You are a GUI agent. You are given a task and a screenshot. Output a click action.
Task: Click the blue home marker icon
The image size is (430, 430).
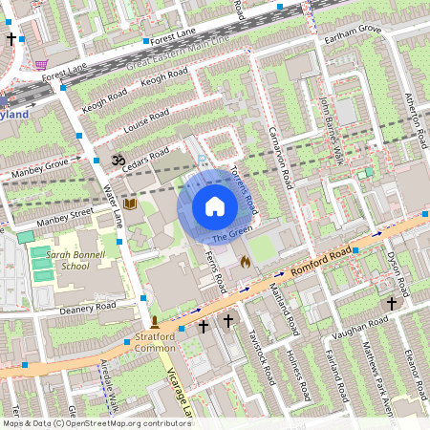pyautogui.click(x=214, y=205)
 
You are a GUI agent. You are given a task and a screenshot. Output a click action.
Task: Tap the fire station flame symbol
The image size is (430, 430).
pyautogui.click(x=246, y=259)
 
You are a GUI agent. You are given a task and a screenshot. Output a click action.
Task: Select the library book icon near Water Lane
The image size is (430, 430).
pyautogui.click(x=130, y=204)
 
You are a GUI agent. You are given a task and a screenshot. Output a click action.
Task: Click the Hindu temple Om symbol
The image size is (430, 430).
pyautogui.click(x=118, y=160)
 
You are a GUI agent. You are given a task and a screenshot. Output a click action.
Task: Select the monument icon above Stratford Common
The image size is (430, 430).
pyautogui.click(x=154, y=321)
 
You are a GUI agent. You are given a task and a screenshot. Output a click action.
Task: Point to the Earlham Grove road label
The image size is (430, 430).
pyautogui.click(x=353, y=31)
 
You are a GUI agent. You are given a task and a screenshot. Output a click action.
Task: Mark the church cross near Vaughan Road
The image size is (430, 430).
pyautogui.click(x=391, y=303)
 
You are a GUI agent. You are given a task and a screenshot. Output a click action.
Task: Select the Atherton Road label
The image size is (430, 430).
pyautogui.click(x=417, y=116)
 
